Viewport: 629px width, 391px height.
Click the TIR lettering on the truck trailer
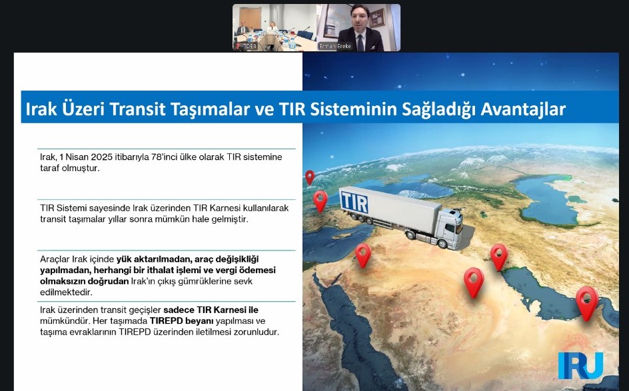[x=354, y=202]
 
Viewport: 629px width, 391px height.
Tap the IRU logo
[x=580, y=365]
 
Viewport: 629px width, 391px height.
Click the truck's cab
[x=450, y=229]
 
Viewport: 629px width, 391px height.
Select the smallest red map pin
[x=310, y=177]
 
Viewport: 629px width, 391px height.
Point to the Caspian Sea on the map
[x=550, y=199]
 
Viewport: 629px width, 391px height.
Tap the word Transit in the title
[x=137, y=109]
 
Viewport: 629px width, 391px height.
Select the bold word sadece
[x=179, y=310]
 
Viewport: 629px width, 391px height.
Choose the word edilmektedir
[x=66, y=292]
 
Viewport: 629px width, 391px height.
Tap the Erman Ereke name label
[x=335, y=46]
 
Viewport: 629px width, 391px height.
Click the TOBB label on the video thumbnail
[x=249, y=46]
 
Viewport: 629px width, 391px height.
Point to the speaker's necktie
[x=360, y=43]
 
